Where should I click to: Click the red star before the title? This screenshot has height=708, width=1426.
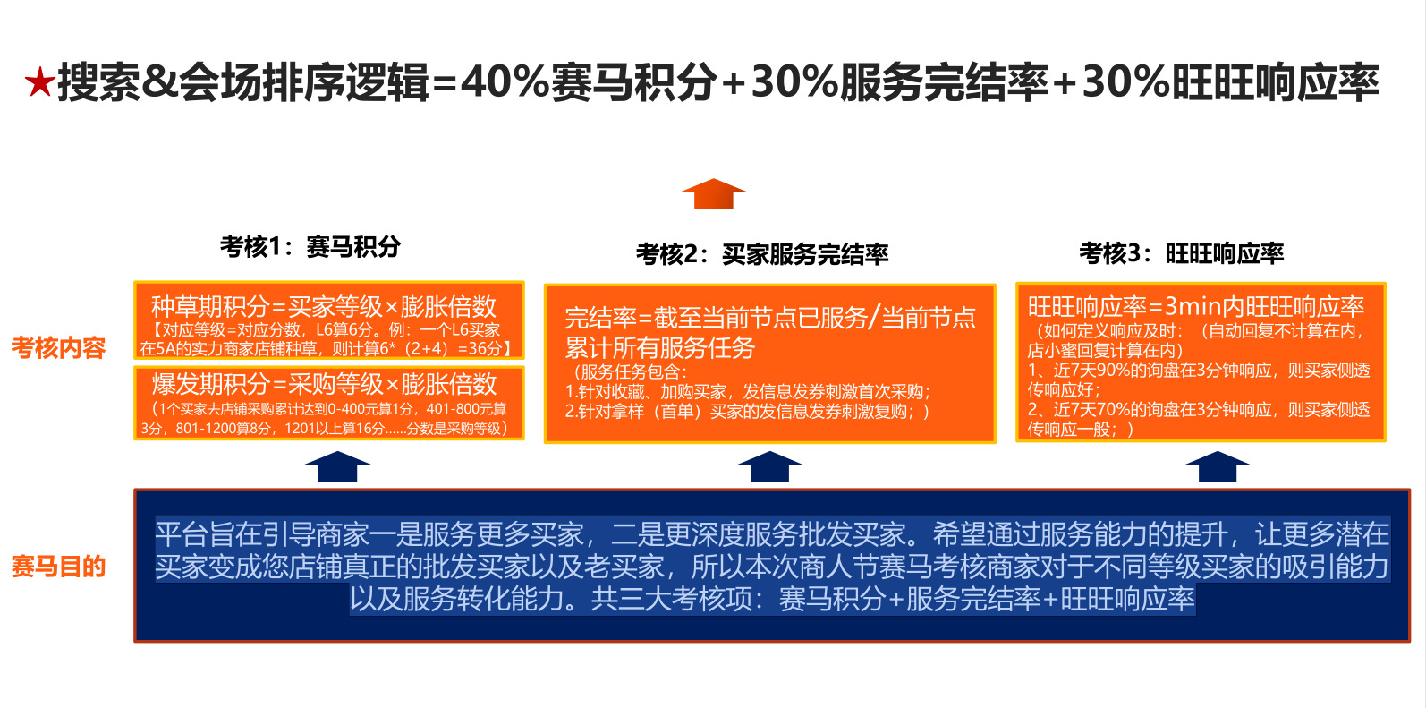point(39,83)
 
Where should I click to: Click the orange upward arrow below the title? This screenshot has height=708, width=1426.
point(713,193)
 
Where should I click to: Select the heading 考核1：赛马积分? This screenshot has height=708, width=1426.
point(310,246)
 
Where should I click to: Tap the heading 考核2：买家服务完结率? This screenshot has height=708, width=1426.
point(762,254)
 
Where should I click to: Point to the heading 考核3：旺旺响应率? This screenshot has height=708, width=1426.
point(1181,253)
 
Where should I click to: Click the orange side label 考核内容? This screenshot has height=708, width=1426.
point(59,347)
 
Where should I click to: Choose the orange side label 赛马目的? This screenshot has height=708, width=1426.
point(59,566)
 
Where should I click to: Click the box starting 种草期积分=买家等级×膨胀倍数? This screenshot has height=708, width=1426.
point(328,321)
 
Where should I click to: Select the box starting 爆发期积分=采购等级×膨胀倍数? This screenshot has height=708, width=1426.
point(328,403)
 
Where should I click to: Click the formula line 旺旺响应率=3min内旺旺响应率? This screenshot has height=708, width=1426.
point(1196,307)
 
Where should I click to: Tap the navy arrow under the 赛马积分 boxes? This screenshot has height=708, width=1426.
point(337,466)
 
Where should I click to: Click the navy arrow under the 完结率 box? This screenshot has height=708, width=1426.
point(769,466)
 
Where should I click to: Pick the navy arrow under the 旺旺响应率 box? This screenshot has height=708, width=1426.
point(1217,466)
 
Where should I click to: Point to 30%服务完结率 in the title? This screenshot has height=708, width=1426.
point(898,82)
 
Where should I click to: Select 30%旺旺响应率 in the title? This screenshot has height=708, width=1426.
point(1230,82)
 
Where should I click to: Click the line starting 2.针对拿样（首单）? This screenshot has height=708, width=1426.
point(748,411)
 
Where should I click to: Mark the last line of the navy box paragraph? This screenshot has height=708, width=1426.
point(771,599)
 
